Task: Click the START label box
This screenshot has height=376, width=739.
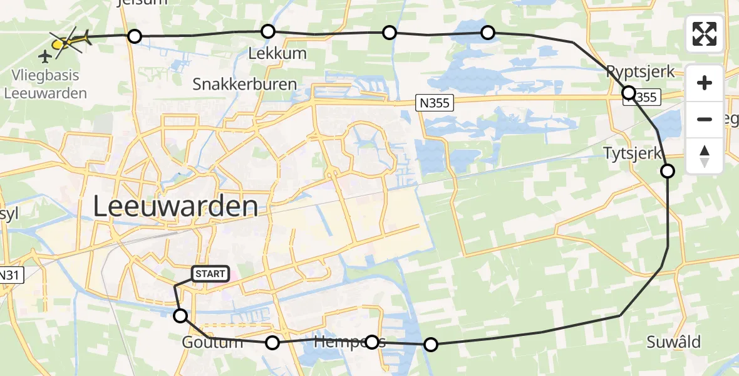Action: click(210, 274)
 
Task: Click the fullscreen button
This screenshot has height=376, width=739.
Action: click(705, 34)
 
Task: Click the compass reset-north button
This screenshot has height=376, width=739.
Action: click(705, 156)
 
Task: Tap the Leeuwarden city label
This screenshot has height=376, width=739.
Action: click(175, 206)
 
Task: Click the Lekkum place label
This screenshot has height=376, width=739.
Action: click(277, 53)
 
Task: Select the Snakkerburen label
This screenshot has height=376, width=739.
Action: click(245, 84)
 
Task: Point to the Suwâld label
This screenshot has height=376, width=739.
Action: click(674, 342)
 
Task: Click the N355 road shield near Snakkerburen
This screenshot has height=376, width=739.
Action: click(435, 103)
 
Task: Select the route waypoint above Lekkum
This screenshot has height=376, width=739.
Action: click(268, 31)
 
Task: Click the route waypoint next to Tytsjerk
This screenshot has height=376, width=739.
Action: click(668, 171)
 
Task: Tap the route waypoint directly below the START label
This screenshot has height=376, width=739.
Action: click(180, 316)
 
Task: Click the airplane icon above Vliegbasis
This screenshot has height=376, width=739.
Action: click(44, 57)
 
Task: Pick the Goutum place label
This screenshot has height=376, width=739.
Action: click(212, 342)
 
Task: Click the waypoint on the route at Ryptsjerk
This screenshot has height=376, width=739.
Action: click(629, 93)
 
